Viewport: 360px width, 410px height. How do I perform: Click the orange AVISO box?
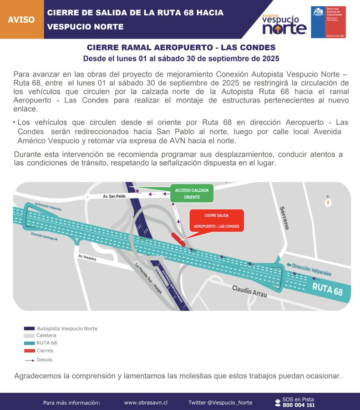coord(21,20)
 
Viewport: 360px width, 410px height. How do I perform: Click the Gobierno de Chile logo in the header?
coord(328,22)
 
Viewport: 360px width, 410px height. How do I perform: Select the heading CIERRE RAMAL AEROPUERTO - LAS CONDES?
coord(181,48)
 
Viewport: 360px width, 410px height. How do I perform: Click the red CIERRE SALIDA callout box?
coord(216,220)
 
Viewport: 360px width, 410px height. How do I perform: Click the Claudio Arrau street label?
coord(249,292)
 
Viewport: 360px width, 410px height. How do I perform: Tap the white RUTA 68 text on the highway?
coord(327,288)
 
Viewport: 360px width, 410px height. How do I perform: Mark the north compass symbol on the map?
coord(327,201)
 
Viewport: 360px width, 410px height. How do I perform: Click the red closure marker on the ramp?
coord(178,239)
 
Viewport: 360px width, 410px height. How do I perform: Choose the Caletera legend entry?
coord(46,336)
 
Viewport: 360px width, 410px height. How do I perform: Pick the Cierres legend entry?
coord(45,351)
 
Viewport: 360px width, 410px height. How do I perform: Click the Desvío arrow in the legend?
coord(29,360)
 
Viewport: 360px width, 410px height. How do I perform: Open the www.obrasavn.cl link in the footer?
coord(146,403)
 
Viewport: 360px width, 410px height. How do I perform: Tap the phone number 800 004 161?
coord(298,405)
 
